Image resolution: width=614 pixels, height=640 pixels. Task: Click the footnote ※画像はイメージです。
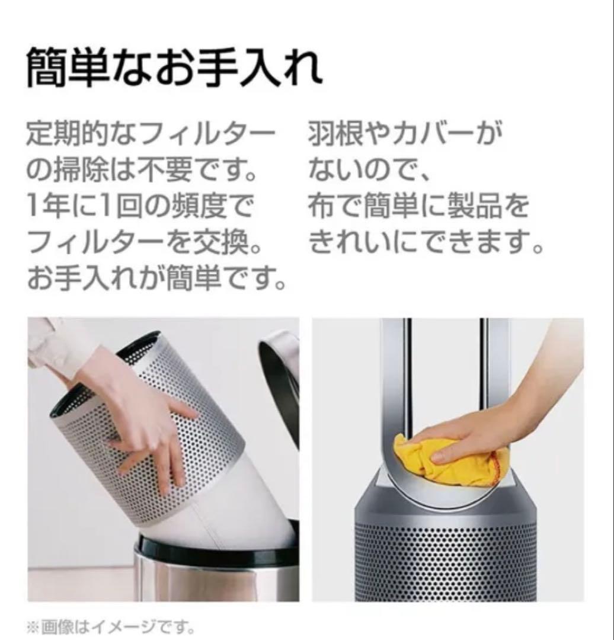point(111,626)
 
